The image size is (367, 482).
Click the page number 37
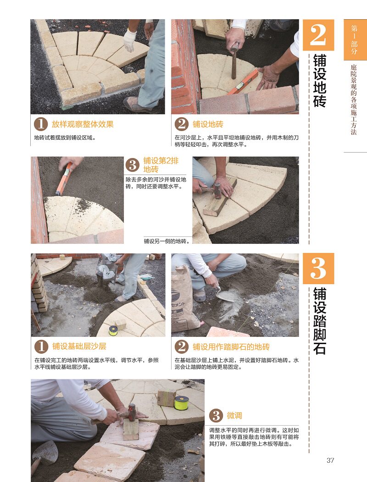click(x=330, y=460)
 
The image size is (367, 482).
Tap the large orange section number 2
click(x=318, y=35)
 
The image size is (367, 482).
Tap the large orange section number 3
click(x=318, y=268)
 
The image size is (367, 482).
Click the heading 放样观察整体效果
click(x=83, y=124)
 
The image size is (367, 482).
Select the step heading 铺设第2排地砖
click(x=161, y=165)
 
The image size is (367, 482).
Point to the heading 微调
click(x=234, y=416)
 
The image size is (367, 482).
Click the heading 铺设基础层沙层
click(x=79, y=346)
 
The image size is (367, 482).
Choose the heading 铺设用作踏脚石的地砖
click(x=231, y=347)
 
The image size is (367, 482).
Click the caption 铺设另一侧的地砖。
click(x=167, y=241)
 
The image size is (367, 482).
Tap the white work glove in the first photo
click(x=130, y=40)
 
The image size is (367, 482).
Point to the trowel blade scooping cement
click(x=225, y=296)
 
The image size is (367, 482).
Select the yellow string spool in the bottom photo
click(x=181, y=403)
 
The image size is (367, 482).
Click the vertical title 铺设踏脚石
click(x=319, y=321)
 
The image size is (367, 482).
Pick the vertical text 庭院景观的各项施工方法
click(x=354, y=99)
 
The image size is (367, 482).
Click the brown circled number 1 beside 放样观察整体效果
click(x=41, y=125)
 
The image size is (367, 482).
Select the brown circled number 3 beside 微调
click(x=216, y=416)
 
